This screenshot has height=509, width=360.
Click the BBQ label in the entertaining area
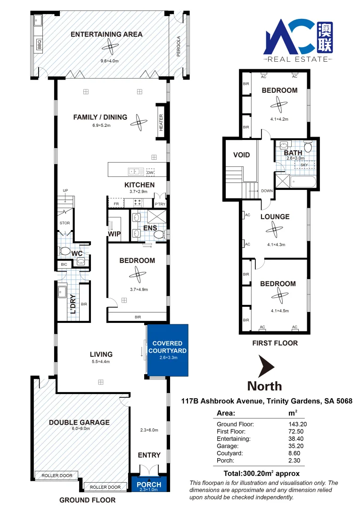pos(40,46)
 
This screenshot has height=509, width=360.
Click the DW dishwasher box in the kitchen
pos(150,172)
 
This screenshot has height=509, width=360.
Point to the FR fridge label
pos(115,203)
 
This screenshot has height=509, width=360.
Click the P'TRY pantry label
pos(160,204)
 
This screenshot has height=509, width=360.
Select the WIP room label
pos(115,233)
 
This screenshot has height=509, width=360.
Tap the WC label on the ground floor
pos(77,253)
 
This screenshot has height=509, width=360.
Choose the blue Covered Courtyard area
pos(167,351)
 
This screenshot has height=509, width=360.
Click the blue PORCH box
pos(148,484)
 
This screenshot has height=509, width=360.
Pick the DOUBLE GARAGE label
pos(79,422)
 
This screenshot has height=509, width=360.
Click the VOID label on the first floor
pos(241,155)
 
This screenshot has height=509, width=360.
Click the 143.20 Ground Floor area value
pos(294,424)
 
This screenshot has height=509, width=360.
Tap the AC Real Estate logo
pos(298,40)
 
